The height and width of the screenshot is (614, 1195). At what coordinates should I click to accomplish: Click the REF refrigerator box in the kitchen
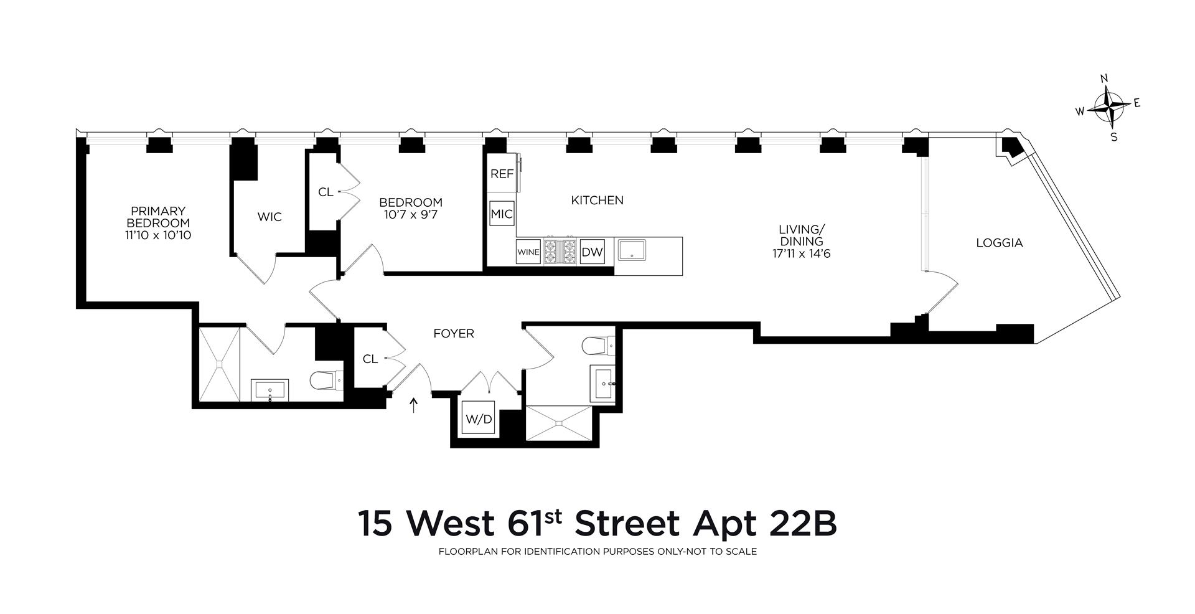[x=502, y=174]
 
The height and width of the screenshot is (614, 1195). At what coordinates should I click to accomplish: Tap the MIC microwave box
[x=502, y=214]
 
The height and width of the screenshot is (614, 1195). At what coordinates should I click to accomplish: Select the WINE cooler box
[x=528, y=252]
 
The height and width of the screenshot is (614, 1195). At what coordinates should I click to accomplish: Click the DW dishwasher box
[x=591, y=252]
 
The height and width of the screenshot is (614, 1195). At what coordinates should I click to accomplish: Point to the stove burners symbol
[x=560, y=252]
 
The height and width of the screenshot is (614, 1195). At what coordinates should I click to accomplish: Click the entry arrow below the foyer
[x=413, y=406]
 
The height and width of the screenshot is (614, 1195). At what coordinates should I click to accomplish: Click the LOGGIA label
[x=999, y=243]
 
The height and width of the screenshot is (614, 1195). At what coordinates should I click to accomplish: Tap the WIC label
[x=269, y=217]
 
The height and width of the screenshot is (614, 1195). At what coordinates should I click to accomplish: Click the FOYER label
[x=454, y=334]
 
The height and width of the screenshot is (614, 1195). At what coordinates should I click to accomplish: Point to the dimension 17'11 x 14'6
[x=805, y=253]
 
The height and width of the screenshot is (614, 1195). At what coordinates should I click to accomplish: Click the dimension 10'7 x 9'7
[x=410, y=215]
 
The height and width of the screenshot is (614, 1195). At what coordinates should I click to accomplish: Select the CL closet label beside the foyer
[x=370, y=359]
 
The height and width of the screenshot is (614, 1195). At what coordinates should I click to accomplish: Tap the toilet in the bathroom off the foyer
[x=599, y=345]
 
